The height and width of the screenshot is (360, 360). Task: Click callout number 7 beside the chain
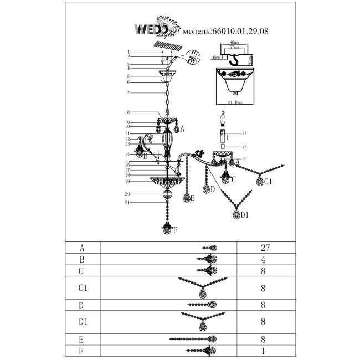point(127,92)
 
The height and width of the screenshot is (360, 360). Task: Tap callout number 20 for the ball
point(127,194)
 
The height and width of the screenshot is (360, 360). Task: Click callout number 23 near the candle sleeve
point(244,146)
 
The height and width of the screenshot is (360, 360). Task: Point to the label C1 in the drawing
point(267,181)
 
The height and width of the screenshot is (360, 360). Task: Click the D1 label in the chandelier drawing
point(245,215)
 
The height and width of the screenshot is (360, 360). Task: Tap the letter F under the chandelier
point(175,230)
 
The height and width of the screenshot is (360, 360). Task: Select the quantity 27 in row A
point(264,248)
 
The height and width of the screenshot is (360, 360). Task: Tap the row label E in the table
point(83,339)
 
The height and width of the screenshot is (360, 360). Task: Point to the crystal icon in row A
point(210,248)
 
